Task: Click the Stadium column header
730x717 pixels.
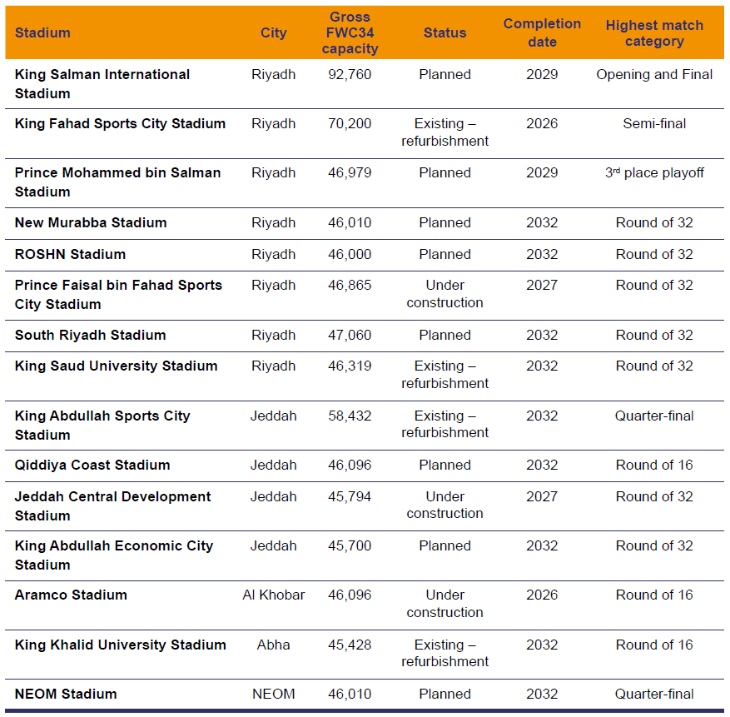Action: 42,33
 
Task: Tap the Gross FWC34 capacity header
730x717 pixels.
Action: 350,33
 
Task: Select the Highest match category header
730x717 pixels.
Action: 654,33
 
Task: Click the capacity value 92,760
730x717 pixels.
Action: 350,74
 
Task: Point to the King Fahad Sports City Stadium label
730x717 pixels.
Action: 120,124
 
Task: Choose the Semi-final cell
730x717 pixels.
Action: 654,124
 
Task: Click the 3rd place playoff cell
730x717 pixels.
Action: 654,173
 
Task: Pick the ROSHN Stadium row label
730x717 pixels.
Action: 70,254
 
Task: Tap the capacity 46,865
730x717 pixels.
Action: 350,286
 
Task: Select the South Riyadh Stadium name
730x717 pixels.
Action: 91,336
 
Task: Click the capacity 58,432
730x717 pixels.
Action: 350,416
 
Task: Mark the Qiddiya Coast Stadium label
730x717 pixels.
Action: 92,465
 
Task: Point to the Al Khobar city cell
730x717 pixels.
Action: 273,595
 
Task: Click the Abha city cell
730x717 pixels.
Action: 273,645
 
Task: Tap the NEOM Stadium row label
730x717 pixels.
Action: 66,694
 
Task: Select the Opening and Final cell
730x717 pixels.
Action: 654,74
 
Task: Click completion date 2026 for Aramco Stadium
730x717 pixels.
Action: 542,595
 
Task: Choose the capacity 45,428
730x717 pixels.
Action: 350,645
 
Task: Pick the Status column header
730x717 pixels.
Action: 444,33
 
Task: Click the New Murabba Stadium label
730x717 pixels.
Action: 91,223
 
